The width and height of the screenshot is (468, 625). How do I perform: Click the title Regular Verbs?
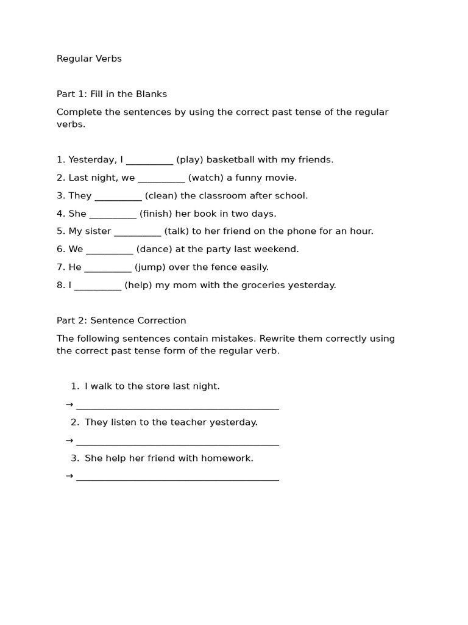click(x=89, y=59)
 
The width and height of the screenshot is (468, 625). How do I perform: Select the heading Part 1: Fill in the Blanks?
click(x=112, y=94)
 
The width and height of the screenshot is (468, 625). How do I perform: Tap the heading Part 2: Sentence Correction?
click(x=121, y=320)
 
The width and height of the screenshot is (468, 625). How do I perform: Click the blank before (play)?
click(x=150, y=162)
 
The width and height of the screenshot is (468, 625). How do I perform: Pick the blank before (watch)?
click(x=161, y=179)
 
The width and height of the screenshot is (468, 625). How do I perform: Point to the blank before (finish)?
click(x=113, y=215)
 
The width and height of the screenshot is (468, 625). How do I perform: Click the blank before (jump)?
click(x=108, y=269)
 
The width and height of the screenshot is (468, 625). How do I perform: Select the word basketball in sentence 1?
click(x=230, y=160)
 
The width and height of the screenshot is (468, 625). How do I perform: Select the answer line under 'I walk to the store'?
click(x=177, y=408)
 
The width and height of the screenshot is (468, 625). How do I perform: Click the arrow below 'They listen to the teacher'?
click(x=69, y=440)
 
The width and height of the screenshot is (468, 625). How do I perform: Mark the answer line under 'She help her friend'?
click(x=177, y=480)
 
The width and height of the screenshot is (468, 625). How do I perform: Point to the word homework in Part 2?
click(x=232, y=458)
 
